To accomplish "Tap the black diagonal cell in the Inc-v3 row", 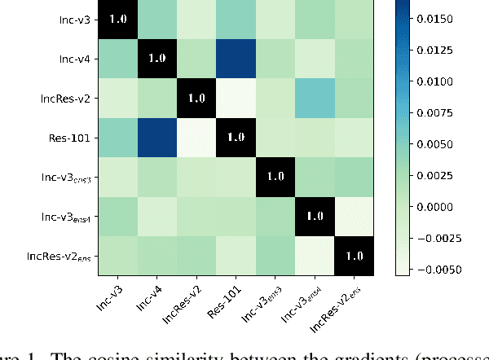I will tap(118, 19).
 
